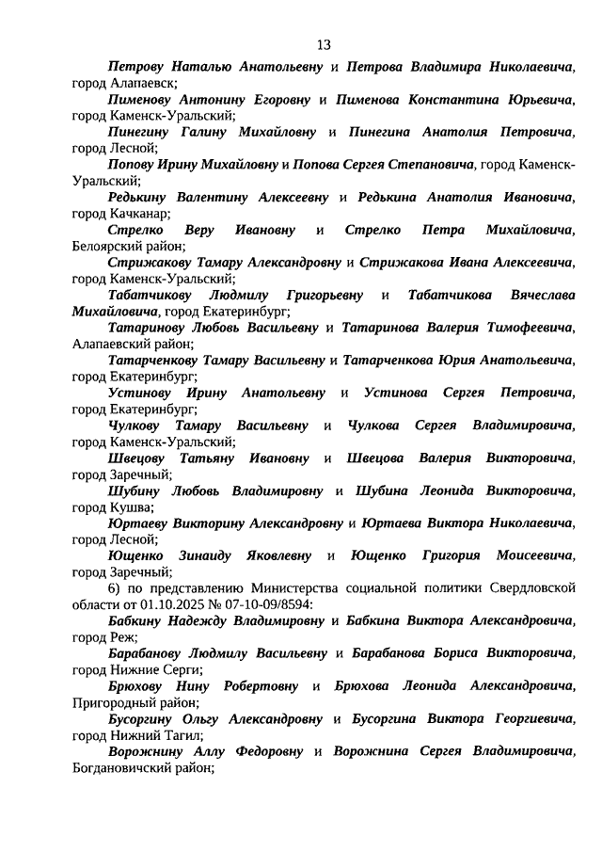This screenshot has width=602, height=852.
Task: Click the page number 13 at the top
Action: click(x=324, y=44)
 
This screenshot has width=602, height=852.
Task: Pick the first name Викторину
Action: click(x=202, y=522)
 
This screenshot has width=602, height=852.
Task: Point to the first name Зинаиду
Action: click(x=211, y=555)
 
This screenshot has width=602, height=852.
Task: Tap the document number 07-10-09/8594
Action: click(x=259, y=604)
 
